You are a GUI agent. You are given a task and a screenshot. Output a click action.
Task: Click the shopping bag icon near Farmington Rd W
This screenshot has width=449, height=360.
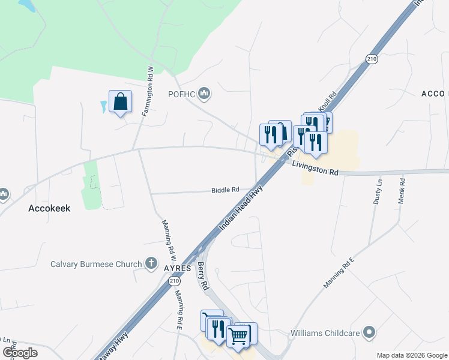[120, 102]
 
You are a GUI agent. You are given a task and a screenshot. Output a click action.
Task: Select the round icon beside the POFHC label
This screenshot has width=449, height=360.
[205, 92]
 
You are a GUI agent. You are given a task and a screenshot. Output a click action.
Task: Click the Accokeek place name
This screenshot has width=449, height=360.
[50, 208]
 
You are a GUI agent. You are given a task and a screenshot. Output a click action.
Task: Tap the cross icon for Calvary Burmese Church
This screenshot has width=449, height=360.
[151, 264]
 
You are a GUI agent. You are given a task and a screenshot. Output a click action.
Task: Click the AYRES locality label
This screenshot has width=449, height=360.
[176, 268]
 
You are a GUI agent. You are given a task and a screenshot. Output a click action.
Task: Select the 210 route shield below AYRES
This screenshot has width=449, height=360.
[174, 281]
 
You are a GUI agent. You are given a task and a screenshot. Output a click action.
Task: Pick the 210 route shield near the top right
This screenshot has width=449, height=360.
[372, 58]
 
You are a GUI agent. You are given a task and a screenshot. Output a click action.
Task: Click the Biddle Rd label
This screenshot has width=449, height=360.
[225, 190]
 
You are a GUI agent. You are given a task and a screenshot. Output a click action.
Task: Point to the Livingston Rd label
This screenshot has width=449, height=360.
[316, 168]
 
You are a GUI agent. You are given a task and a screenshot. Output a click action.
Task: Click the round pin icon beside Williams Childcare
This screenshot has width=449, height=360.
[369, 332]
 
